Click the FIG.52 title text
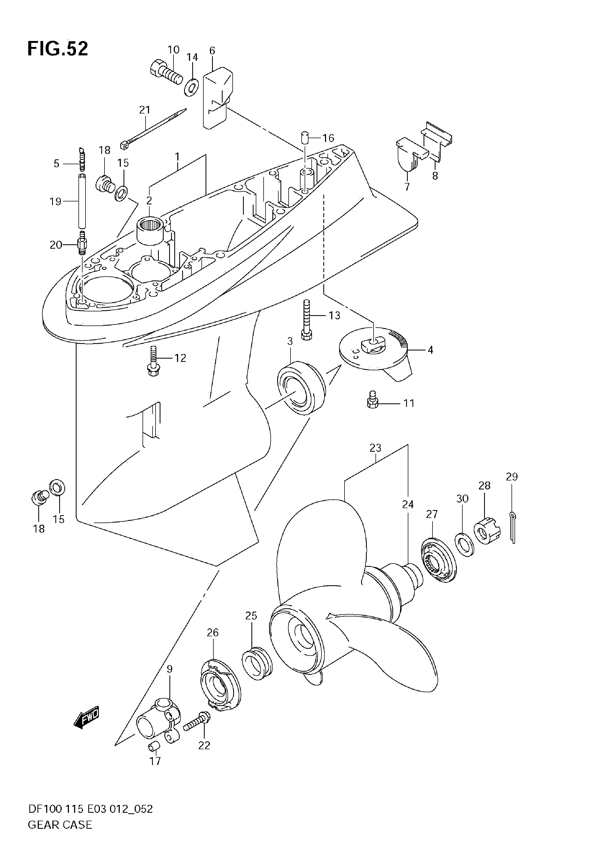(58, 49)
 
